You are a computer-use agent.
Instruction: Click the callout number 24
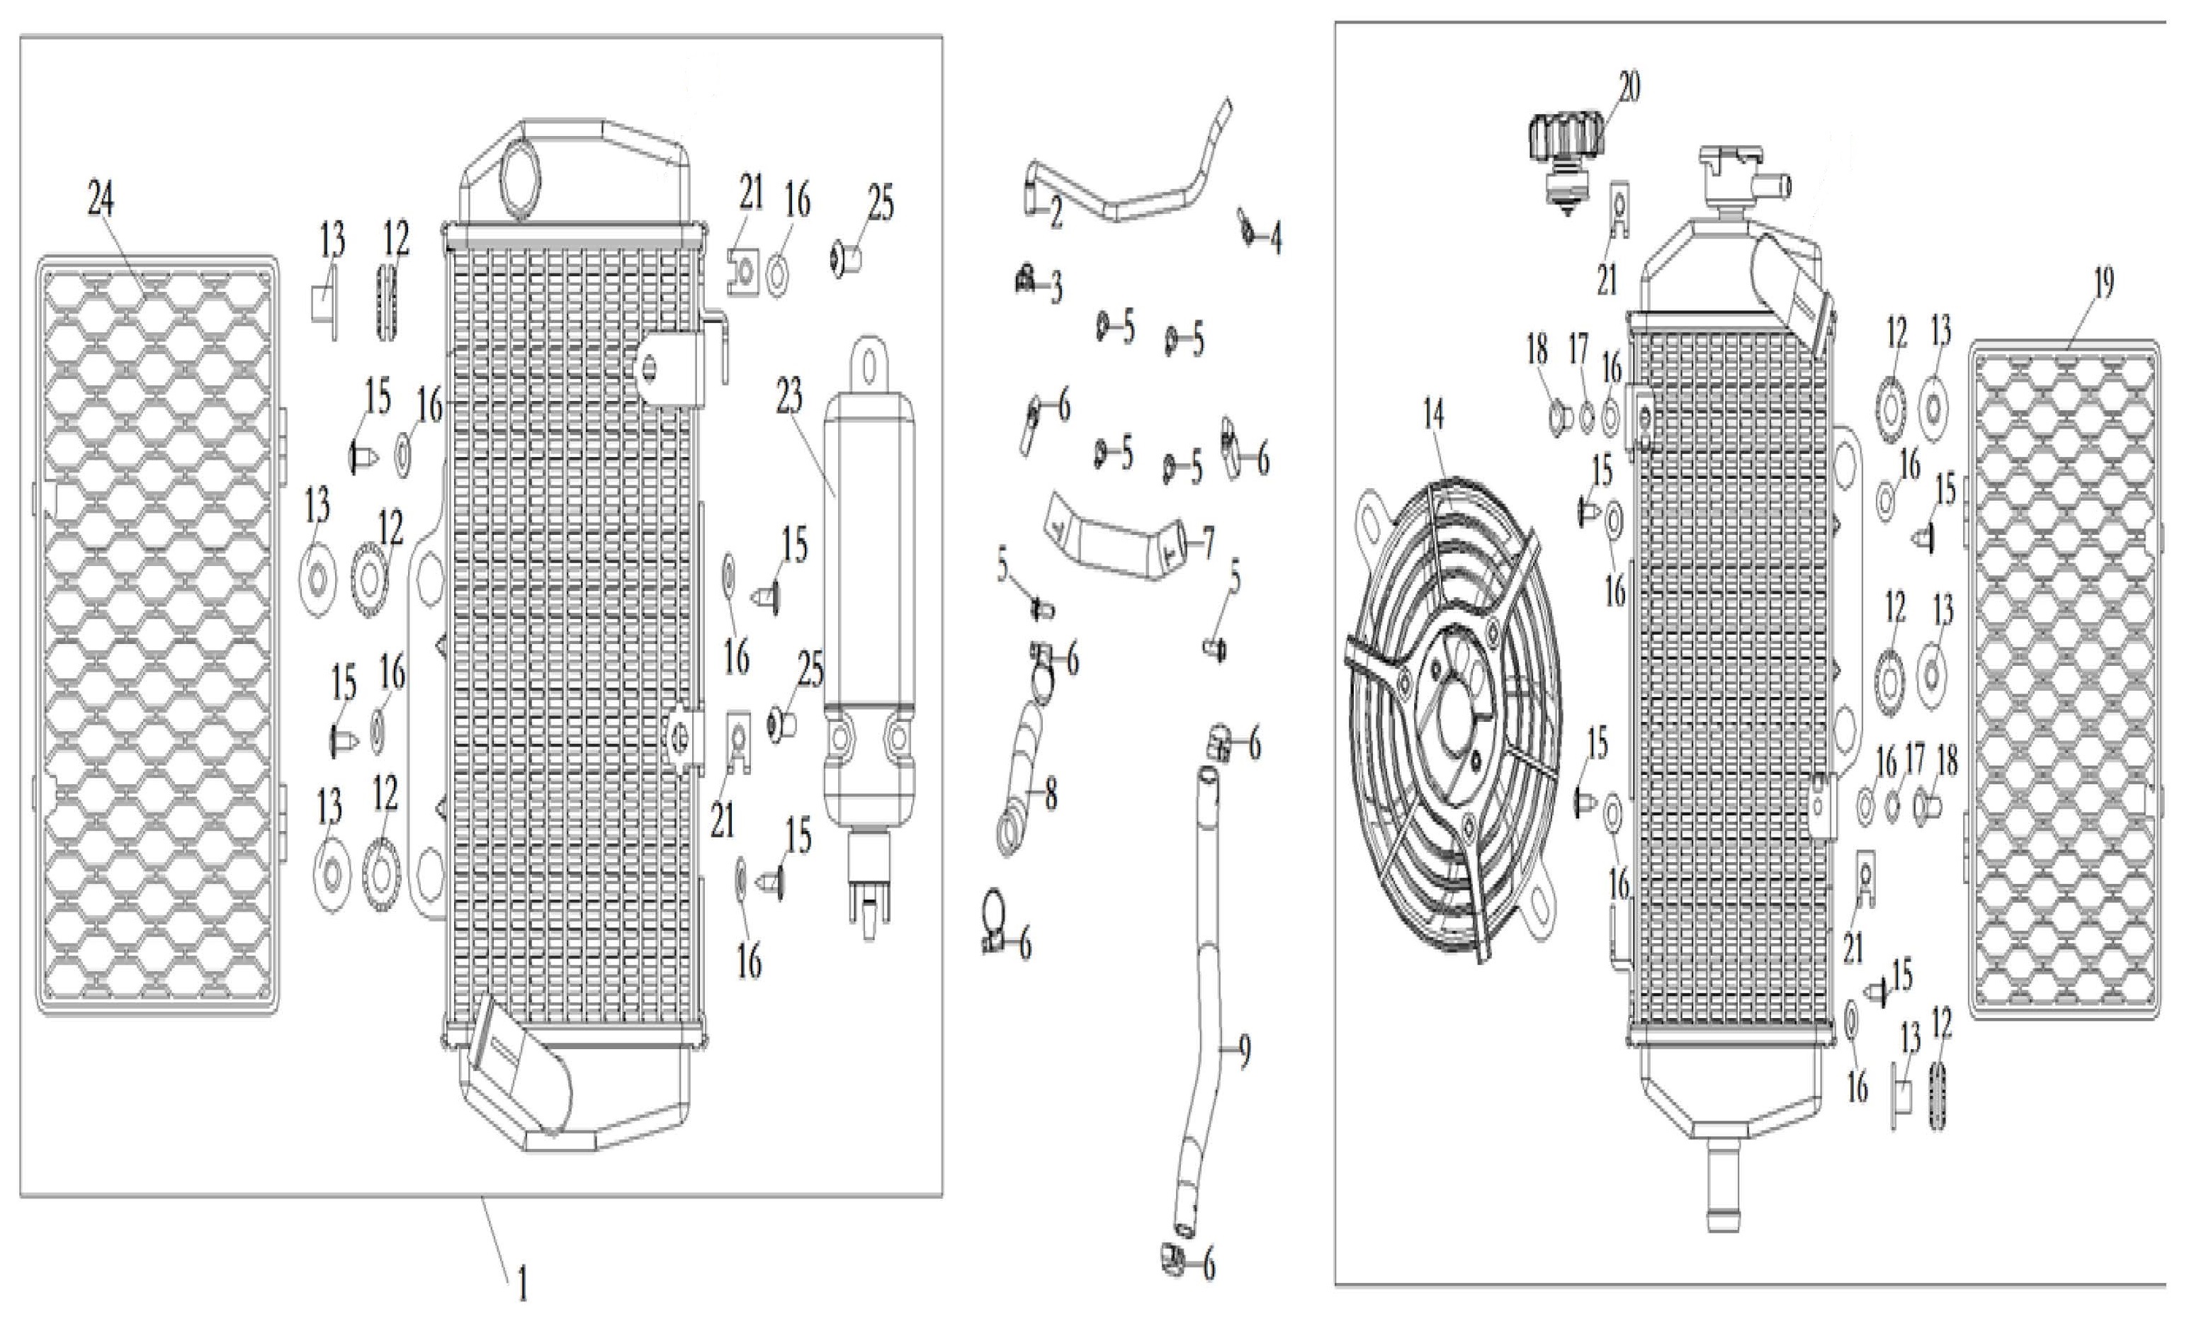[101, 200]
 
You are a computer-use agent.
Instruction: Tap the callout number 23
[790, 397]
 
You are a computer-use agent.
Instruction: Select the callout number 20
[1629, 87]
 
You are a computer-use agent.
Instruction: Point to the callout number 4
[1276, 239]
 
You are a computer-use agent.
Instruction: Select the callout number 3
[1056, 288]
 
